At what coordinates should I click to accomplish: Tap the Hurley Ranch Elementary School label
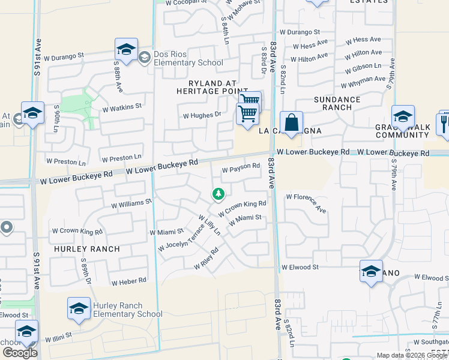coord(127,310)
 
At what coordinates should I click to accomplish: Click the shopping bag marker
coord(291,122)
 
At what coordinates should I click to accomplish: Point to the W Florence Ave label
coord(306,203)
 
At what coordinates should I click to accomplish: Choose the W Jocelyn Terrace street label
coord(181,238)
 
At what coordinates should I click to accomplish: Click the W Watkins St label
coord(121,108)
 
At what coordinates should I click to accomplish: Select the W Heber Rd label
coord(128,281)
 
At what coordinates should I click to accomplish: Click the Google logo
coord(20,353)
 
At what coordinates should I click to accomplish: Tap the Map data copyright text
coord(412,355)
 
